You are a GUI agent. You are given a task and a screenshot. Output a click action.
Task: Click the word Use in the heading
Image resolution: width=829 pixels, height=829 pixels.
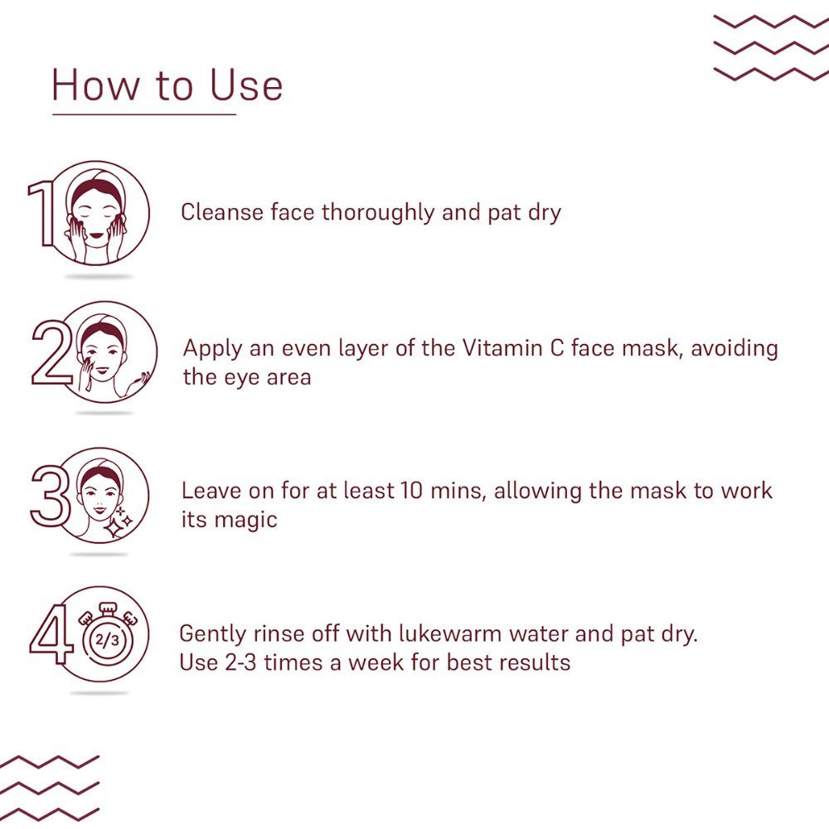pos(246,85)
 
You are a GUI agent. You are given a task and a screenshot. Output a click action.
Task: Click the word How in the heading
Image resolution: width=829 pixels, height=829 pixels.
pos(95,85)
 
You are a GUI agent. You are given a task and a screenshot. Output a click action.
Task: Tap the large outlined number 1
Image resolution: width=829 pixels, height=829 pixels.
pos(42,213)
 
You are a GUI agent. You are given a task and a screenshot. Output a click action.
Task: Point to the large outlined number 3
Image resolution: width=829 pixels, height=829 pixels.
pos(51,496)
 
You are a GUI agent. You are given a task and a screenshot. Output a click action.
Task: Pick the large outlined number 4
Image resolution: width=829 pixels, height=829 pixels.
pos(51,634)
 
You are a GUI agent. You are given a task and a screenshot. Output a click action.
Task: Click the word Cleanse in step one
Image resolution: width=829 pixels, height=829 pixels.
pos(222,212)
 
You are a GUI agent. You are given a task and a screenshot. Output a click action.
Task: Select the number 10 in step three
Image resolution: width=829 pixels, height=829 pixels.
pos(411,491)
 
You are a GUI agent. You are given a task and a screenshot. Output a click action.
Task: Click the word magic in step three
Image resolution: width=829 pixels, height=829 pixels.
pos(247,521)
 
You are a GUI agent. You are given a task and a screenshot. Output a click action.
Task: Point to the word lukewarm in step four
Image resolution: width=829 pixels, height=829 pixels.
pos(450,633)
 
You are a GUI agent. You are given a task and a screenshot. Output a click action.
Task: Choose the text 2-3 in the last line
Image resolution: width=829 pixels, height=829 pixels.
pos(240,662)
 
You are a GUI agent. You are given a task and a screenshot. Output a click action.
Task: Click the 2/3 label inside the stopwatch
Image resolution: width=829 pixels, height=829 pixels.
pos(107,641)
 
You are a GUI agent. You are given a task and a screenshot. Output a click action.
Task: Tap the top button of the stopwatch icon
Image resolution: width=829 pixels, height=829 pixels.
pos(108,608)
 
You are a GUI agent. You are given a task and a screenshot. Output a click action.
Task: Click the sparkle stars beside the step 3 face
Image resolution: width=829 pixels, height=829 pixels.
pos(119,522)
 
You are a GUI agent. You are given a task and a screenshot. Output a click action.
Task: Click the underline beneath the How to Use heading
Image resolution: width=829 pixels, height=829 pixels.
pos(144,114)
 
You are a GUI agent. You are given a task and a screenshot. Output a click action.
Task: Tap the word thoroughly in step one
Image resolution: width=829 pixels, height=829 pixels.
pos(377,213)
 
